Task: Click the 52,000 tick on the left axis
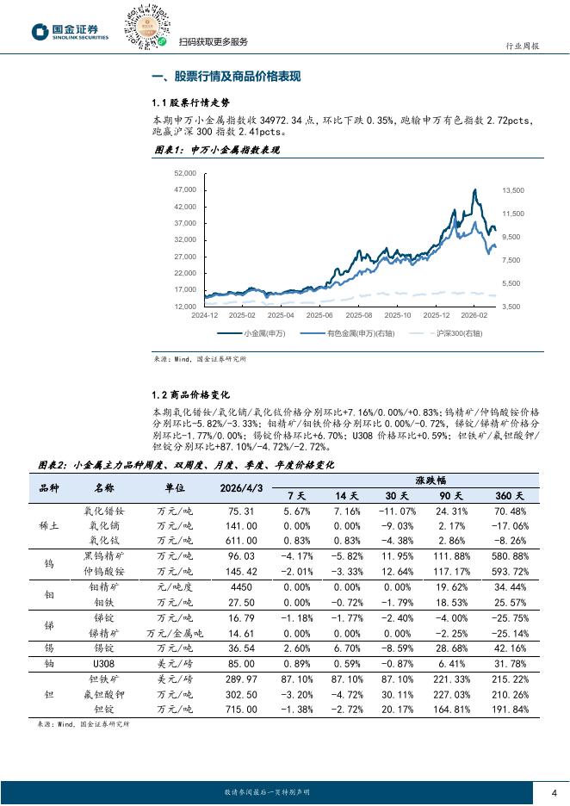185,173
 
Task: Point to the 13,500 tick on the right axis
513,190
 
